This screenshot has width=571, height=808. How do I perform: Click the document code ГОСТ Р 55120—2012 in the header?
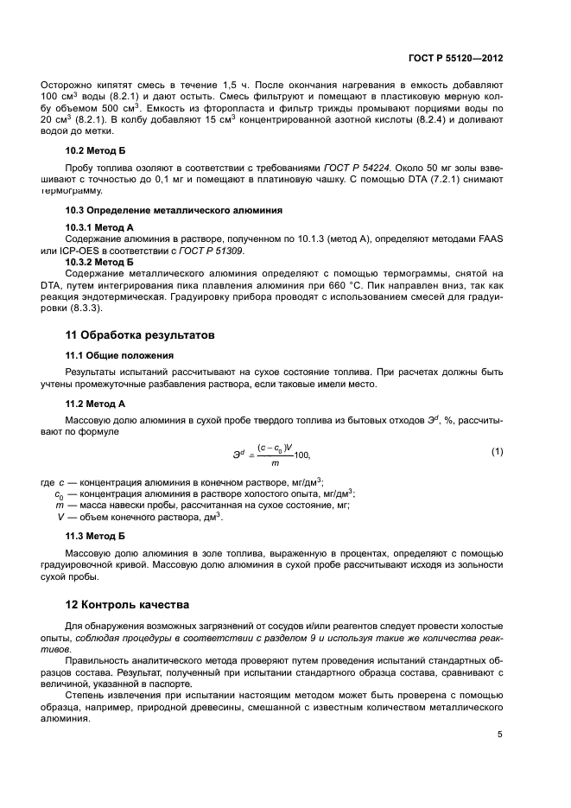pos(455,58)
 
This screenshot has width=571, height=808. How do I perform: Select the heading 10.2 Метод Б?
pos(96,150)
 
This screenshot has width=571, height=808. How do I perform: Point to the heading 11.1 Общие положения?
pos(117,355)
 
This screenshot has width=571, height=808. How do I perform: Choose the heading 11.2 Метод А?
pos(96,403)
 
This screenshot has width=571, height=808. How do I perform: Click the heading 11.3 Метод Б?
pos(96,536)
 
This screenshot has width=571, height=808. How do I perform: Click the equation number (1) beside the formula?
pos(497,451)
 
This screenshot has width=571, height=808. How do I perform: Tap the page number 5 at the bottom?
pos(500,735)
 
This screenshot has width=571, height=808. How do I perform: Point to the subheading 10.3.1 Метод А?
pos(99,227)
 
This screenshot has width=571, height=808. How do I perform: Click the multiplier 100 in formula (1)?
pos(301,455)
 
